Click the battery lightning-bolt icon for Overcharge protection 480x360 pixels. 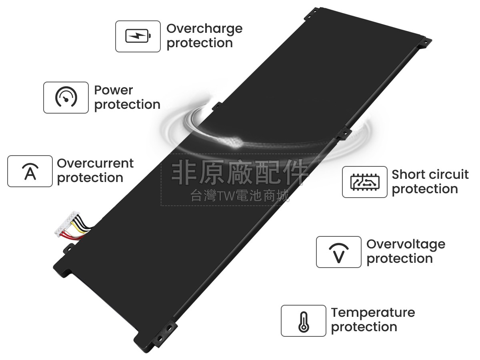138,36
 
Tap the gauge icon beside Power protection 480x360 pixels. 66,97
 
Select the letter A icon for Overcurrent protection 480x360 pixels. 30,171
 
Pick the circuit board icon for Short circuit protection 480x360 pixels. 365,182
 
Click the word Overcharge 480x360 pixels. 204,29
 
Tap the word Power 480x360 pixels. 114,90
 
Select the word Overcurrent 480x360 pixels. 95,163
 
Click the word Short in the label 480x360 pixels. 408,174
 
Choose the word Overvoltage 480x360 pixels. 406,244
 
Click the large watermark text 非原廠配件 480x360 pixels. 240,172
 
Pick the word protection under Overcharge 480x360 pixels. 200,44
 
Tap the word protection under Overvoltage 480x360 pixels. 400,259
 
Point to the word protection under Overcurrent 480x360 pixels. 90,178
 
